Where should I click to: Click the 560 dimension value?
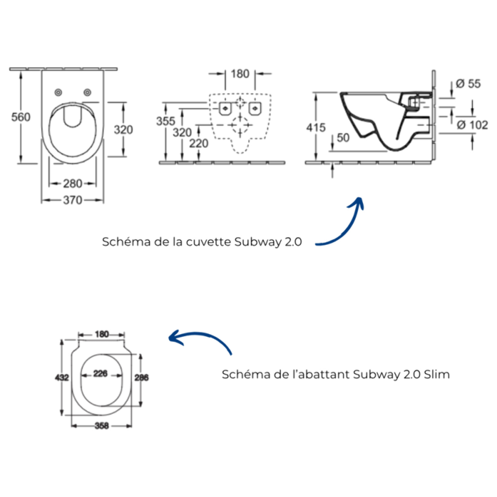click(21, 117)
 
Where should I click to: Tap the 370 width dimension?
click(73, 200)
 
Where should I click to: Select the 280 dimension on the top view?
click(73, 184)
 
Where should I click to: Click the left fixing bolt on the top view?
click(58, 93)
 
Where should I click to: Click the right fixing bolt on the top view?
click(87, 92)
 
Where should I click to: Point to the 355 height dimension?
click(165, 121)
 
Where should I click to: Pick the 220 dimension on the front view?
click(199, 143)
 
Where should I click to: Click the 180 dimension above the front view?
click(240, 74)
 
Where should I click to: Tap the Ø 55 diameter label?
click(468, 84)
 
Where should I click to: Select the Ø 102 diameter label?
click(472, 125)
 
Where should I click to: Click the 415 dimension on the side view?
click(316, 128)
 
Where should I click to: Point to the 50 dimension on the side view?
click(343, 138)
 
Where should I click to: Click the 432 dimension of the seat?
click(62, 378)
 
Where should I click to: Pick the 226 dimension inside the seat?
click(100, 374)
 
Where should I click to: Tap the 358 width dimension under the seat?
click(102, 426)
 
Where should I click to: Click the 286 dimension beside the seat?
click(141, 378)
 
